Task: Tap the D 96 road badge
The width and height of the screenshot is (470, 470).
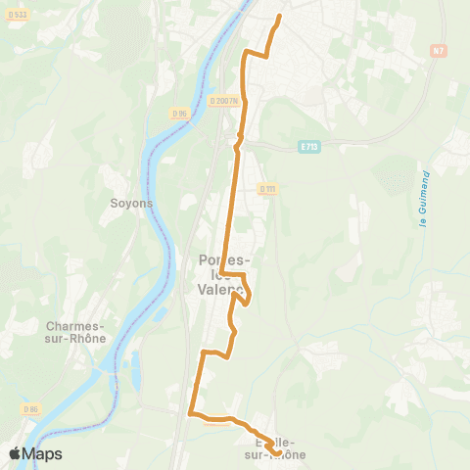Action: tap(179, 114)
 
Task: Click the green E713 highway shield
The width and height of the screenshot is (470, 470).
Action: tap(308, 147)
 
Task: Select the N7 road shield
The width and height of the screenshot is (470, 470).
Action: tap(438, 49)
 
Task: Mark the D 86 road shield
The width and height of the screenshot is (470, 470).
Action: tap(32, 408)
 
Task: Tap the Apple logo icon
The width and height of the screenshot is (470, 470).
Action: tap(15, 453)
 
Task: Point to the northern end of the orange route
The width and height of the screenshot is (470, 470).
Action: tap(280, 17)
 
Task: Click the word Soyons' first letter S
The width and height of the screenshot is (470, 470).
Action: tap(115, 204)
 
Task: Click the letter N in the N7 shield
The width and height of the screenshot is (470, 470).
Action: tap(435, 49)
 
